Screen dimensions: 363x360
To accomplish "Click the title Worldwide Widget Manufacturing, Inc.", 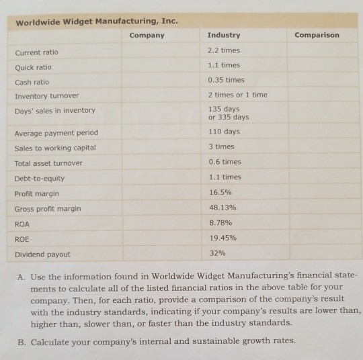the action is coord(96,21).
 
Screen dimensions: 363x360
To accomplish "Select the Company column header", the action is coord(147,35).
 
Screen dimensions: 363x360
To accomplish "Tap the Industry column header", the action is coord(223,35).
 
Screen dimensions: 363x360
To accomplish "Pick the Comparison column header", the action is coord(317,35).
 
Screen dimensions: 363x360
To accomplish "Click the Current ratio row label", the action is coord(36,52).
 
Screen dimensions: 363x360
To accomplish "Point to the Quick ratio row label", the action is coord(33,66).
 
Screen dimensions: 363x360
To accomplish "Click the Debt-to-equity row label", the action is coord(40,178).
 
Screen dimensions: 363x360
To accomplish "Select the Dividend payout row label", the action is coord(42,254).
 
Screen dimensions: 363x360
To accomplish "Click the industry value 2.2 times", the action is coord(224,50).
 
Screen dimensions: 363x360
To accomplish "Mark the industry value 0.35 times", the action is coord(226,80).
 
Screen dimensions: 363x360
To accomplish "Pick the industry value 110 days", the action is coord(224,132).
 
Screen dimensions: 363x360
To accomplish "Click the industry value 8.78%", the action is coord(220,222).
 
